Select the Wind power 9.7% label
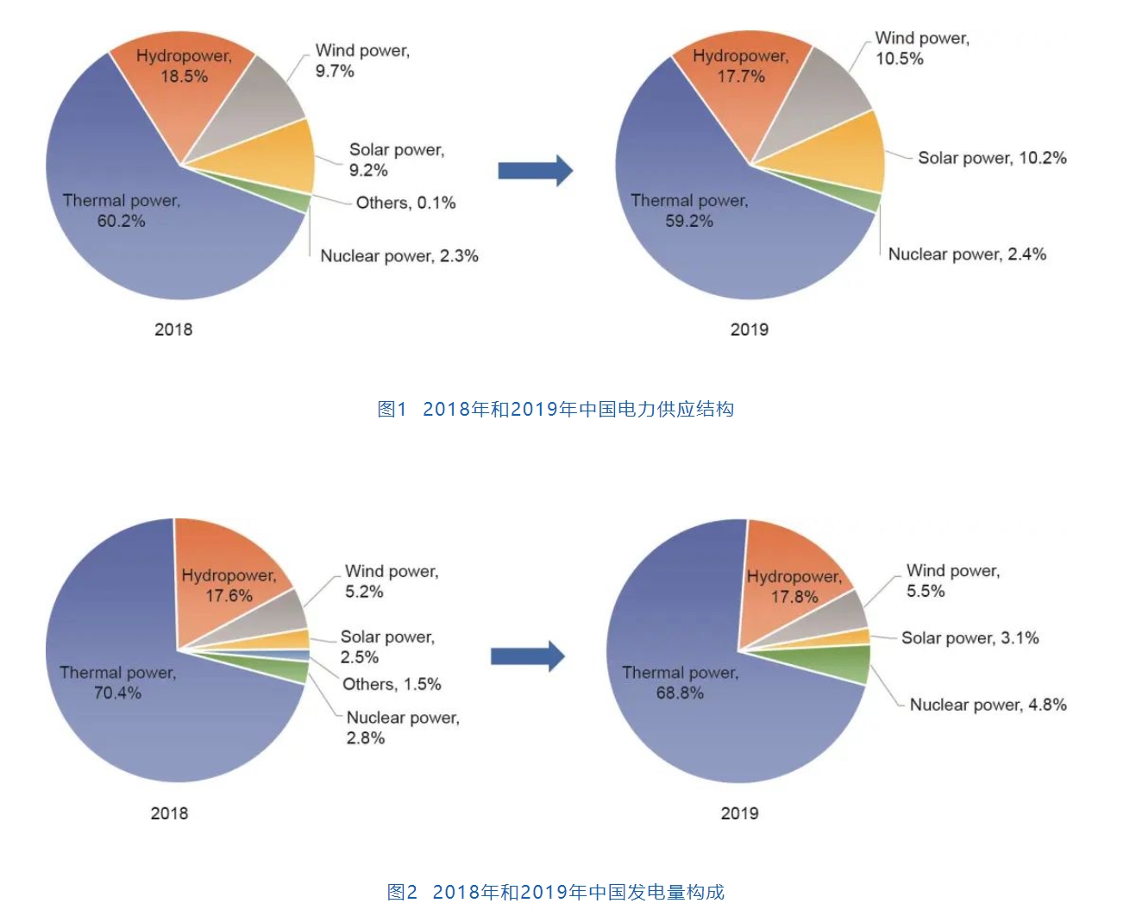click(361, 60)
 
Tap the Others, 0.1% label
click(405, 203)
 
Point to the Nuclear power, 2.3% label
click(399, 255)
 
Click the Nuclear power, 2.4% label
click(966, 254)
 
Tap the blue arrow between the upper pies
click(535, 171)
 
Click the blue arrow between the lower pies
click(527, 656)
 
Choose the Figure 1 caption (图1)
click(556, 409)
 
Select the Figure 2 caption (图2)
click(556, 892)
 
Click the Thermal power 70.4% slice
click(129, 707)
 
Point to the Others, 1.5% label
click(392, 684)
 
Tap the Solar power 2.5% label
click(386, 646)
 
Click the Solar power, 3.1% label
click(970, 637)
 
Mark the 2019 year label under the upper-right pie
click(749, 329)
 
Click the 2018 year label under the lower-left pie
click(169, 813)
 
